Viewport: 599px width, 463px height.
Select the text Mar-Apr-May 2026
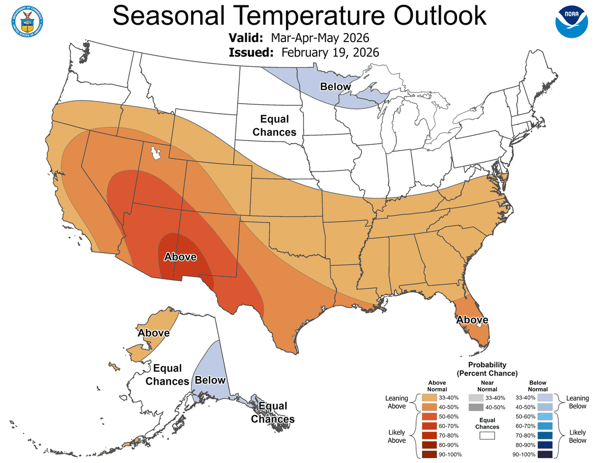[321, 38]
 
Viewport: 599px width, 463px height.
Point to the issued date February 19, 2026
[330, 53]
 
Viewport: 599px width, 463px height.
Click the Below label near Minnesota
[336, 86]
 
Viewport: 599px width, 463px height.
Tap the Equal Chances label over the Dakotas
[274, 126]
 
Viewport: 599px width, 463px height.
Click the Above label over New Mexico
[180, 257]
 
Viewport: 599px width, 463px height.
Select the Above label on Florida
[472, 320]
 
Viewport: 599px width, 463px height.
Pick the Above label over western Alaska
[153, 333]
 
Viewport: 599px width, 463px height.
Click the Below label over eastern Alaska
[210, 380]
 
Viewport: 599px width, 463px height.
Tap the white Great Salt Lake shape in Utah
[156, 153]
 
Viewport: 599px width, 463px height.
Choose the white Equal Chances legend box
[487, 436]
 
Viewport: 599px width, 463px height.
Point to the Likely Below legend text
[577, 436]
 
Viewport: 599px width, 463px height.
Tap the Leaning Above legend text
[396, 402]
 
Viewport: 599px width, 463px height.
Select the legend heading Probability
[487, 365]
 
